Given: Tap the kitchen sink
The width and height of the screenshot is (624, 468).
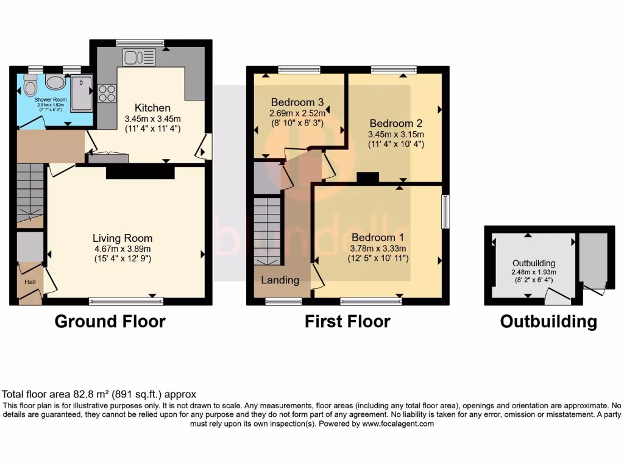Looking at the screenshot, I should tap(140, 58).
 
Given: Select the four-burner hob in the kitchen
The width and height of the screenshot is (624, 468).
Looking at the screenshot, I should tap(107, 94).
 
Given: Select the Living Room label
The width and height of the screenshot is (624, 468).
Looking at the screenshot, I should tap(122, 238).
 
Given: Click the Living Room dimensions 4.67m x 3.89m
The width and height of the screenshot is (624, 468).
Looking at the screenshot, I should tap(122, 248).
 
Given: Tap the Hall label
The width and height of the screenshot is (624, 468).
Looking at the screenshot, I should tap(30, 282).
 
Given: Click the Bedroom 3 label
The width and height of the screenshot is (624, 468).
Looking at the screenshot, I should tap(297, 102).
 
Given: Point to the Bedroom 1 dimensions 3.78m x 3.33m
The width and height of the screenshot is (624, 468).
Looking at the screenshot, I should tap(378, 248).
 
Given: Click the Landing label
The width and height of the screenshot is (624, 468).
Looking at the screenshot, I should tap(280, 280).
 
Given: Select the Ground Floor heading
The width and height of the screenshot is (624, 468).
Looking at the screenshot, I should tap(110, 321).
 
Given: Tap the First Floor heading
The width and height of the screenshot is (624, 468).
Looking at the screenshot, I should tap(347, 321).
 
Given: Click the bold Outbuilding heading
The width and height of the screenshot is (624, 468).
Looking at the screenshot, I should tap(548, 321).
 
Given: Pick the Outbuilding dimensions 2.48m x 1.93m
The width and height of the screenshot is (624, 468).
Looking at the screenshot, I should tap(534, 272).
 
